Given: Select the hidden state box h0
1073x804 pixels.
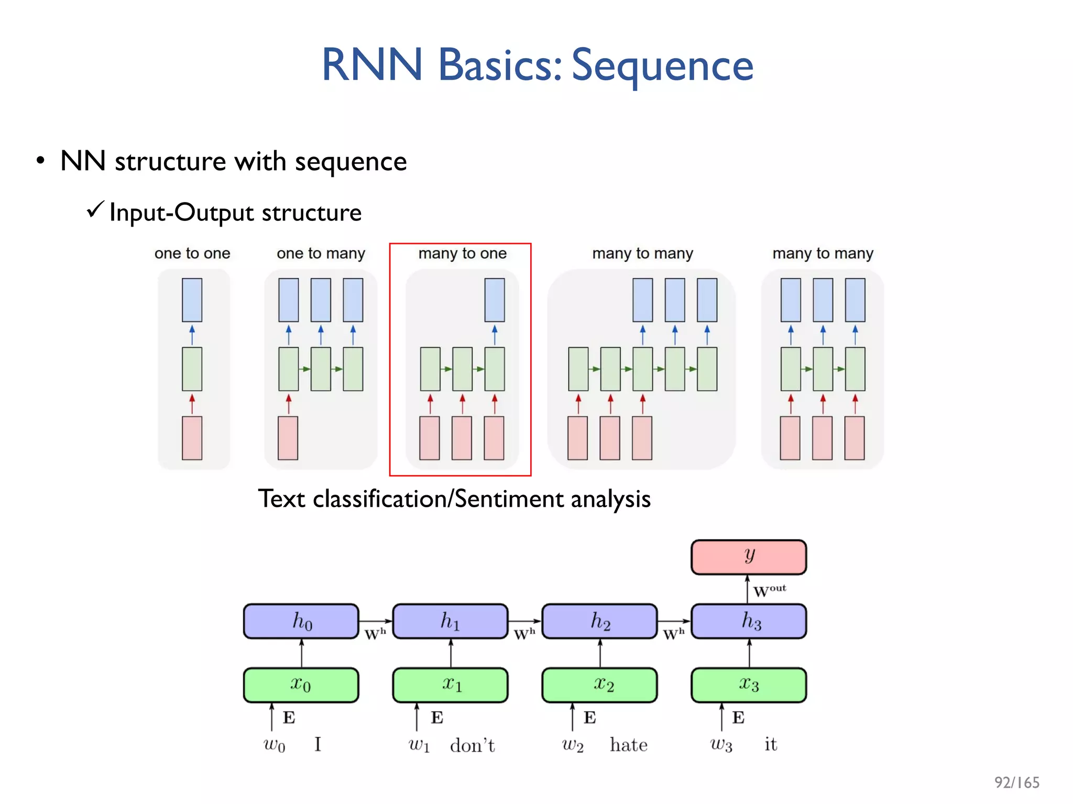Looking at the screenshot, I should coord(301,621).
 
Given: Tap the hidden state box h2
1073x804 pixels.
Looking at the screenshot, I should coord(599,621).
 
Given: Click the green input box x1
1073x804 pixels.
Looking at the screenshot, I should coord(450,685).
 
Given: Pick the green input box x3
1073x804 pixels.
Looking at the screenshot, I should coord(748,685).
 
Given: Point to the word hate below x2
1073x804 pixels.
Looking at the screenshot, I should coord(628,745).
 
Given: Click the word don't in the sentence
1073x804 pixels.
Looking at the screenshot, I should coord(472,745).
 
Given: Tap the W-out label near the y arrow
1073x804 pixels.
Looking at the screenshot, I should coord(769,590).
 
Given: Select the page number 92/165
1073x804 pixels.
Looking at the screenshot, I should coord(1016,783).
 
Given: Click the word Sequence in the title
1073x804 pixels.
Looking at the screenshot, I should coord(662,65).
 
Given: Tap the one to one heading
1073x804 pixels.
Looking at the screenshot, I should coord(192,253).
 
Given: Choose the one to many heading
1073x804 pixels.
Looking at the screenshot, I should coord(321,253).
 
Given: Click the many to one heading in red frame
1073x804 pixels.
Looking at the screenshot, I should coord(462,253).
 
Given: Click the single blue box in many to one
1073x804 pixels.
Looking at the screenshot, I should coord(494,300).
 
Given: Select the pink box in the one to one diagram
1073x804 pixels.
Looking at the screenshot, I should coord(192,438).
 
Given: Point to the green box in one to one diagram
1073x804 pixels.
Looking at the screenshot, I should coord(192,369).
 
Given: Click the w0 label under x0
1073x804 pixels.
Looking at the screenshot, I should coord(274,745).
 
